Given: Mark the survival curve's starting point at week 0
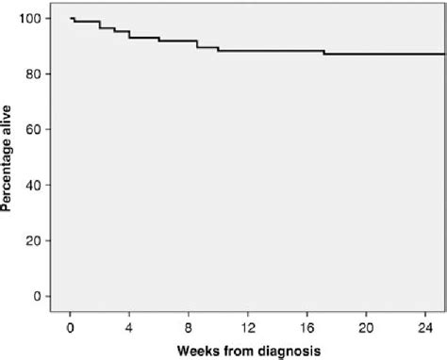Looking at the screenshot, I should (x=71, y=18).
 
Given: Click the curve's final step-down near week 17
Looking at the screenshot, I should (x=323, y=53).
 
